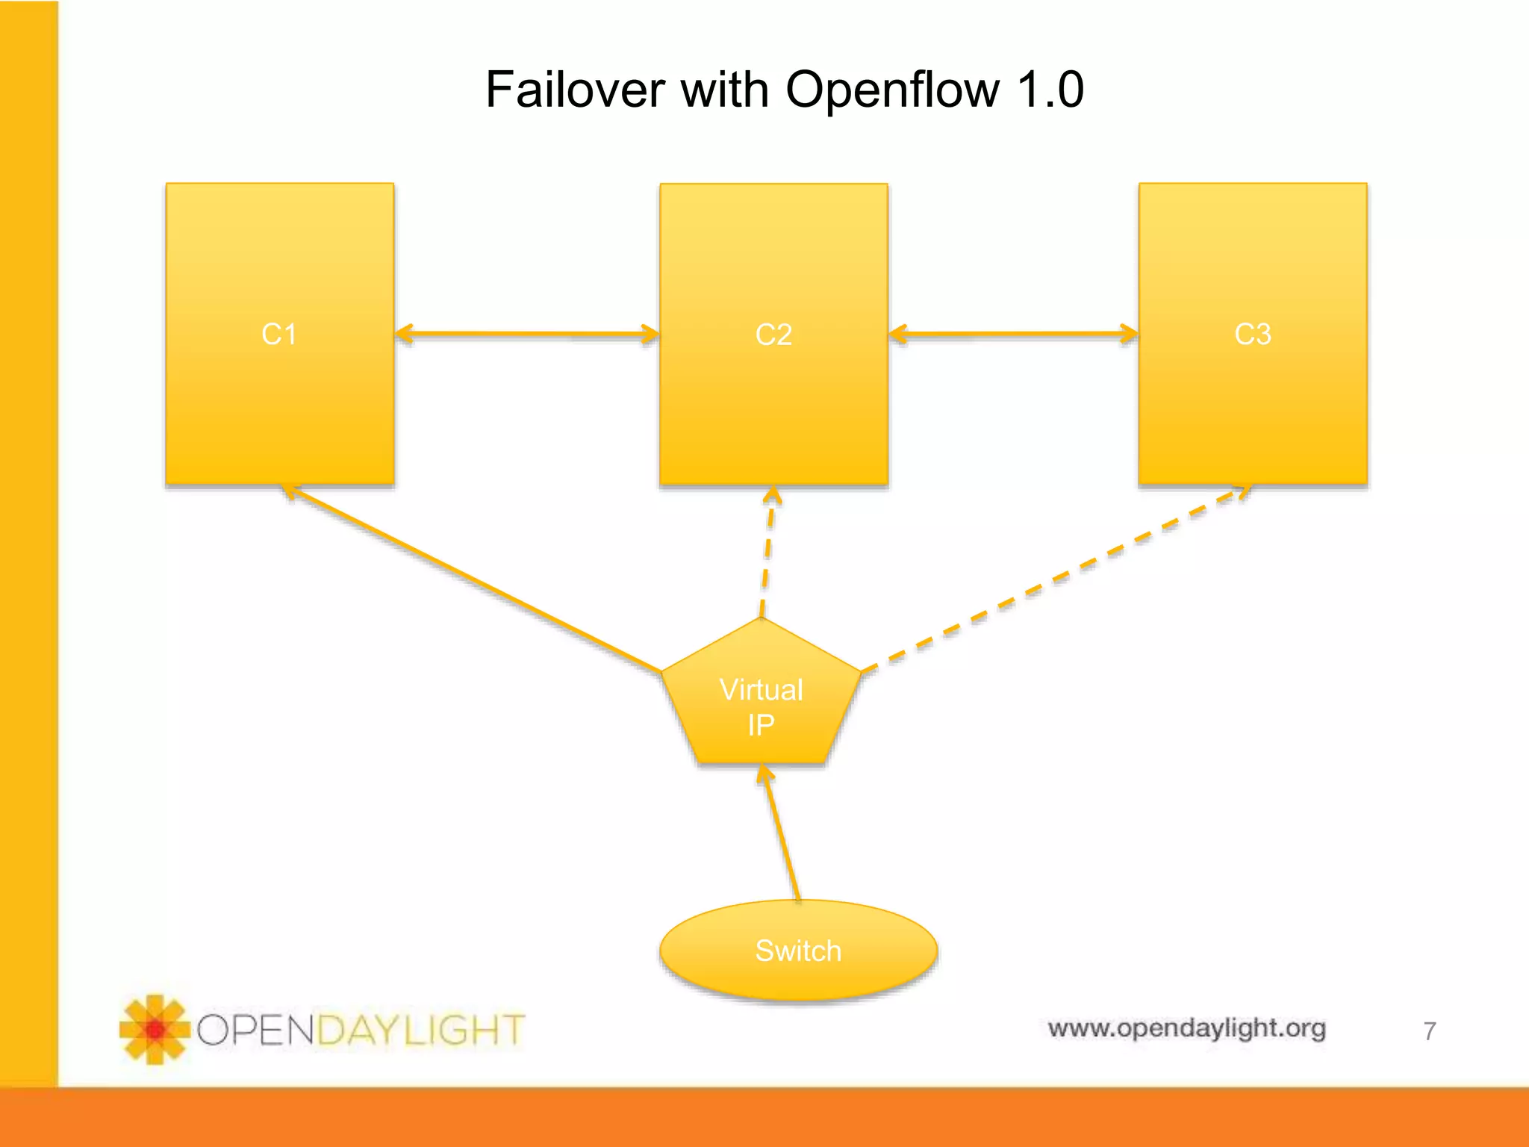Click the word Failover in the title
click(x=574, y=90)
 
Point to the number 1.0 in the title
click(x=1050, y=90)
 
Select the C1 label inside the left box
click(x=279, y=334)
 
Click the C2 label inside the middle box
click(x=773, y=335)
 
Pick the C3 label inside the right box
click(x=1252, y=334)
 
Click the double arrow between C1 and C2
click(x=527, y=335)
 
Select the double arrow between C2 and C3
click(x=1013, y=335)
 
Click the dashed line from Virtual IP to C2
click(x=767, y=553)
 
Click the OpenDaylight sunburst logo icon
click(x=154, y=1029)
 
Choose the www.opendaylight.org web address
click(x=1186, y=1028)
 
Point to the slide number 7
click(x=1429, y=1031)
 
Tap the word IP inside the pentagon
click(x=761, y=725)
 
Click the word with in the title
click(x=724, y=90)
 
